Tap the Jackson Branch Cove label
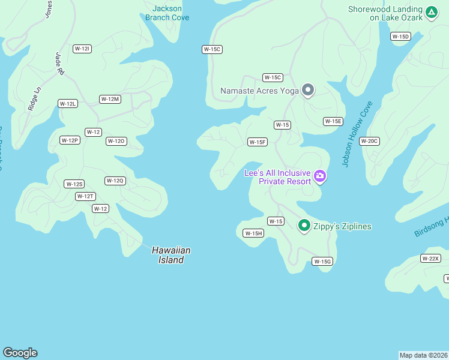[167, 13]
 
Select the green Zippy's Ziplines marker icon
[304, 226]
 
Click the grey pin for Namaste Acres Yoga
[308, 90]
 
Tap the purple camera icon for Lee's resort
[320, 176]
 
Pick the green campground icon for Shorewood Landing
[431, 12]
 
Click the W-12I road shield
[82, 49]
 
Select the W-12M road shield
[110, 99]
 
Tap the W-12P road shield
[70, 140]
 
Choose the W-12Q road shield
[115, 181]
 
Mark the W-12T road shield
[85, 196]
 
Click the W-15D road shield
[400, 37]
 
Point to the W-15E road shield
[333, 121]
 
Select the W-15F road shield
[257, 142]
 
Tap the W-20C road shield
[369, 141]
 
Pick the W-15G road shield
[322, 261]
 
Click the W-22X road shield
[431, 259]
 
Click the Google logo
[20, 353]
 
